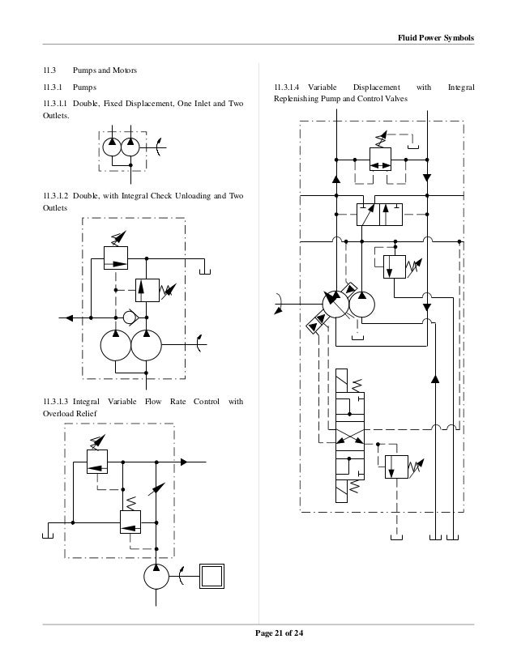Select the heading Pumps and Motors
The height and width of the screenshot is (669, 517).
pyautogui.click(x=105, y=71)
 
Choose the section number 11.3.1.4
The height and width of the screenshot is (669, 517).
pyautogui.click(x=287, y=87)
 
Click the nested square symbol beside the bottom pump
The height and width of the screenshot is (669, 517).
pyautogui.click(x=214, y=577)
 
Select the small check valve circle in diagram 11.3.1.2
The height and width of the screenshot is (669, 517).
pyautogui.click(x=130, y=315)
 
